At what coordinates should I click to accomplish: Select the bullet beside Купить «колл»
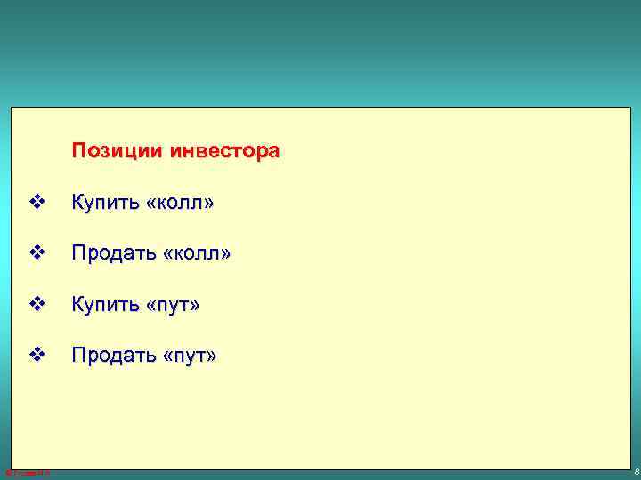coord(36,204)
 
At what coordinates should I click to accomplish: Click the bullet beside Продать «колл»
coord(36,254)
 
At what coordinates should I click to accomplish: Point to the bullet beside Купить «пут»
coord(36,305)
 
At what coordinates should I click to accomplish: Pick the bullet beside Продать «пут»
coord(36,356)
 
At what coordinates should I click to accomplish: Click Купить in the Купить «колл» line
coord(102,204)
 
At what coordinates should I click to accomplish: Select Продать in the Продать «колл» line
coord(111,254)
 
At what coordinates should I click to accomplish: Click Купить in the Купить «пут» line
coord(102,305)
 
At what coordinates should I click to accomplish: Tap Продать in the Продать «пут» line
coord(111,356)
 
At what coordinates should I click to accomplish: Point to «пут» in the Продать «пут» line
coord(188,356)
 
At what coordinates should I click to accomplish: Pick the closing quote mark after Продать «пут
coord(210,357)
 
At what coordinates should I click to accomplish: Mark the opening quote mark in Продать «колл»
coord(166,256)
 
